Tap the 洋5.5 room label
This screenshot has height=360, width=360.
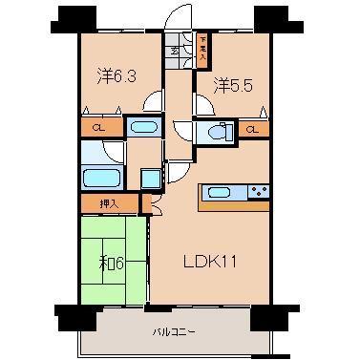(x=233, y=83)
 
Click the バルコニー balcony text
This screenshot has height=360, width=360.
(x=174, y=332)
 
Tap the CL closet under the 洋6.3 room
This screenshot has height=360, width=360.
(x=98, y=126)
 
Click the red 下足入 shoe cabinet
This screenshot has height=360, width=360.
(x=204, y=47)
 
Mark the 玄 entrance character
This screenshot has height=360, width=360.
(x=175, y=50)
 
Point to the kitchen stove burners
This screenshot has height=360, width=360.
(x=257, y=193)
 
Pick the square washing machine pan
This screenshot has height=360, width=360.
(x=151, y=177)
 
